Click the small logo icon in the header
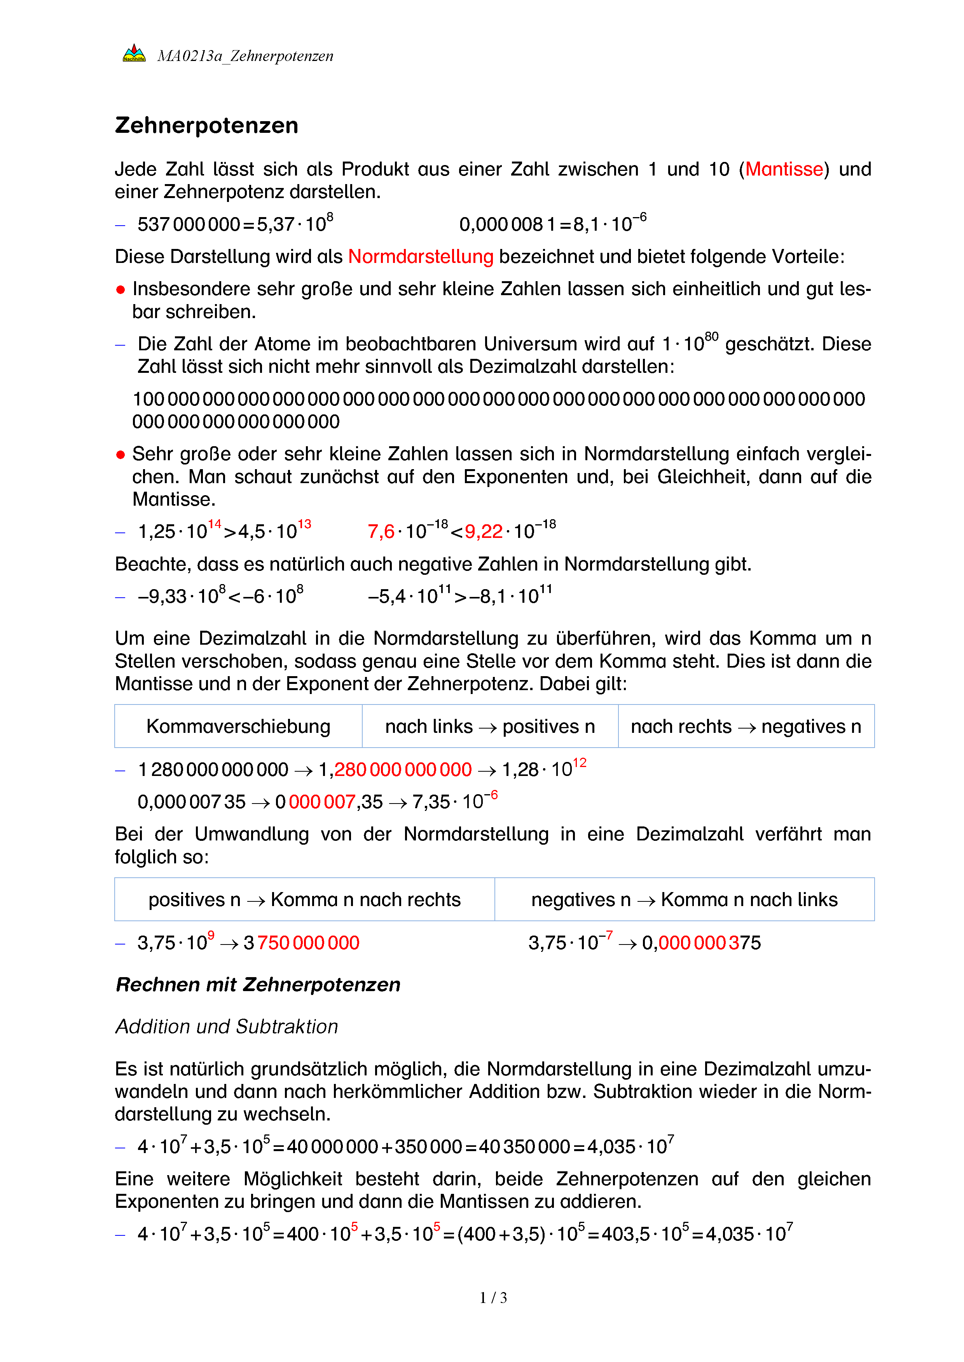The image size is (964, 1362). pos(134,54)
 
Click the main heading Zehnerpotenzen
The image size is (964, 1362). pos(206,125)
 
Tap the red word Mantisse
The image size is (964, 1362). pos(784,169)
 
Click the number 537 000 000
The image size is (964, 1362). pos(189,224)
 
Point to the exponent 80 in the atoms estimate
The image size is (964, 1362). pos(711,337)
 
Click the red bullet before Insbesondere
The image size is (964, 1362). pos(120,289)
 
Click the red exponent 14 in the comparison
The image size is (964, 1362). pos(214,524)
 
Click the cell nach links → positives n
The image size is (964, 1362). pos(490,726)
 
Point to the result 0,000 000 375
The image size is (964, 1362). pos(701,943)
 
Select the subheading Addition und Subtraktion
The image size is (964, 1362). pos(226,1026)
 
